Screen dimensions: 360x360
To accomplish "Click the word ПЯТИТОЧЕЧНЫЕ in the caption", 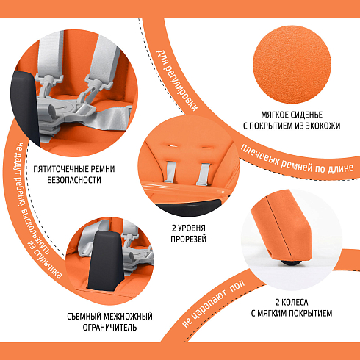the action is (62, 169).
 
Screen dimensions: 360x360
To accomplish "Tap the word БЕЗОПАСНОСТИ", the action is (74, 180).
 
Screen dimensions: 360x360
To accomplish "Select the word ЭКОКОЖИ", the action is (322, 126).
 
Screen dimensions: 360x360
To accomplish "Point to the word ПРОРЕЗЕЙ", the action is (188, 239).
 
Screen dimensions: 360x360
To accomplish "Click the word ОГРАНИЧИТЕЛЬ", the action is (109, 328).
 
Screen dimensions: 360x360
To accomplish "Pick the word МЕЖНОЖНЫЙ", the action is (128, 317).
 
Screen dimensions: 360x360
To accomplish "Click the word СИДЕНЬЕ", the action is (307, 115).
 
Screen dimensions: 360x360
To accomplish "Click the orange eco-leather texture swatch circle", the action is (292, 65).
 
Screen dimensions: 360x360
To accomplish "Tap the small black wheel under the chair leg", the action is (291, 262).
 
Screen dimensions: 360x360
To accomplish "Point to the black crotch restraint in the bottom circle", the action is (106, 260).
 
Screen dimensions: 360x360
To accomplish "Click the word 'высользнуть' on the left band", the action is (27, 216).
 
